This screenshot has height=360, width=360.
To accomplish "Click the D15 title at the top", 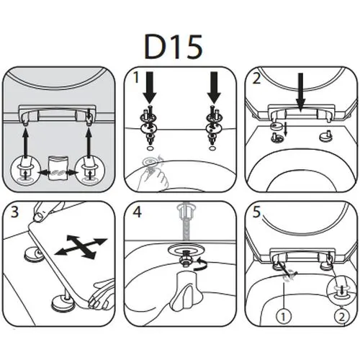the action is (x=174, y=47).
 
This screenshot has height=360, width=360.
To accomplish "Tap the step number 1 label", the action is (x=136, y=77).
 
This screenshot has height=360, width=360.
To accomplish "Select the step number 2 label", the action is (x=256, y=78).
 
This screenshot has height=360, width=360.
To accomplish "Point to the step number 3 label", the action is (x=14, y=212).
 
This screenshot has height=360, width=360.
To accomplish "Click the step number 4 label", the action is (x=137, y=212).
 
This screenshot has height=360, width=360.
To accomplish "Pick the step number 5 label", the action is (x=256, y=212).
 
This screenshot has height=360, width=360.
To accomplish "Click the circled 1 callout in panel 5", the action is (x=284, y=317).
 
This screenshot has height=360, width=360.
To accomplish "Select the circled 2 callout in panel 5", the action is (x=342, y=317).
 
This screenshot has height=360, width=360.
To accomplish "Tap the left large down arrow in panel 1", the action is (x=150, y=88).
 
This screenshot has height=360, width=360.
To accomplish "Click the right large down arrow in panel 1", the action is (x=214, y=88).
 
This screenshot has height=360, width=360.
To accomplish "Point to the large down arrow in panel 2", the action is (x=300, y=91).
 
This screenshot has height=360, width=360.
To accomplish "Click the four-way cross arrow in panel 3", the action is (x=81, y=247).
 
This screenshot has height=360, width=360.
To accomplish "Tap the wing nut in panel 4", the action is (x=186, y=287).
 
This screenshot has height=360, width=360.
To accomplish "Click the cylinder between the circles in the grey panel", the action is (x=58, y=168).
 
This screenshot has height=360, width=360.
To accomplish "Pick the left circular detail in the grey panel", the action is (x=25, y=171).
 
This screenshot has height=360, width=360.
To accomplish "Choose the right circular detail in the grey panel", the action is (x=90, y=171).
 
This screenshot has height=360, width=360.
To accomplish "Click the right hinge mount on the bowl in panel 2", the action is (x=326, y=137).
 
